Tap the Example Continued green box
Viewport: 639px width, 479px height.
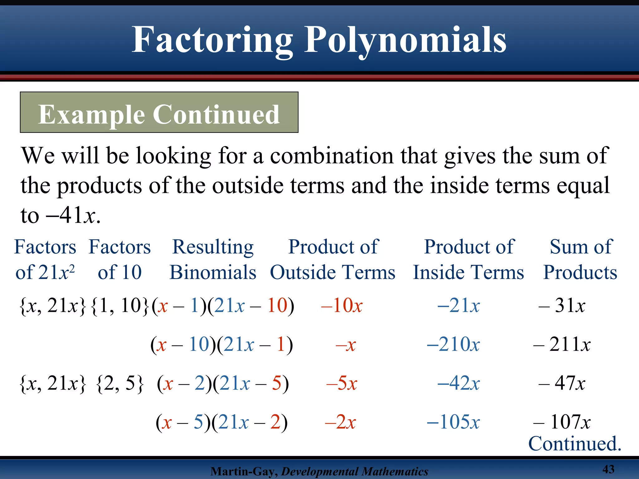[x=159, y=113]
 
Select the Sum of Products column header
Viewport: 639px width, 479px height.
[x=580, y=259]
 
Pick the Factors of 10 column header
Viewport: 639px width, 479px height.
[x=120, y=259]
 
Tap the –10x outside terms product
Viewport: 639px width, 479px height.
[x=342, y=305]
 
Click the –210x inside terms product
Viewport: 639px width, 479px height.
[x=453, y=344]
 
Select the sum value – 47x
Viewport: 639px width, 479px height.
[x=562, y=383]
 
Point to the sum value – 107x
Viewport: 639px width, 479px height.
[x=562, y=422]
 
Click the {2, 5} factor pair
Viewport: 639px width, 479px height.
[x=120, y=383]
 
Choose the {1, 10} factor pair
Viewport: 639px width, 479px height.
[x=120, y=305]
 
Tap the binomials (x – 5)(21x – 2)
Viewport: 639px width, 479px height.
[x=222, y=423]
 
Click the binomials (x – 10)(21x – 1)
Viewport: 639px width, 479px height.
[x=222, y=345]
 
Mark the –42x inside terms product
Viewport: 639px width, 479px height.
[x=459, y=383]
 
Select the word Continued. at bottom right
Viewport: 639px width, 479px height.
[x=575, y=443]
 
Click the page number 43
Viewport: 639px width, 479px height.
[x=608, y=469]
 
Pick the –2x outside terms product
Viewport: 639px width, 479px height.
[x=340, y=422]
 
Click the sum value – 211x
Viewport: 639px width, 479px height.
[x=562, y=344]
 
